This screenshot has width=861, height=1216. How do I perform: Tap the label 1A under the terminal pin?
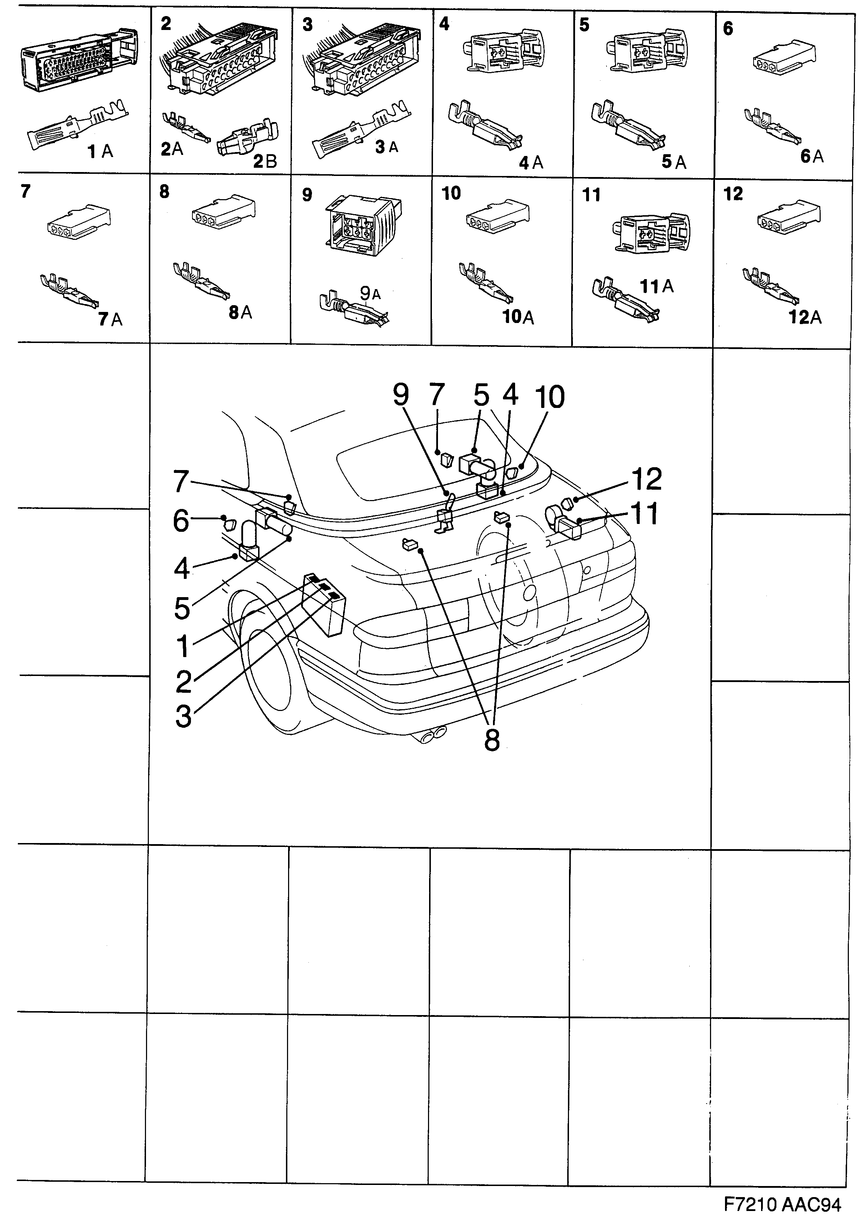[100, 152]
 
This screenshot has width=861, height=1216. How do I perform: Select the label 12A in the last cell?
[805, 318]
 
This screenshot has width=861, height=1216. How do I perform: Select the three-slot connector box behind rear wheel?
[323, 604]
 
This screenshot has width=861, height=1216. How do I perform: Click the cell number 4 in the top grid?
[444, 24]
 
